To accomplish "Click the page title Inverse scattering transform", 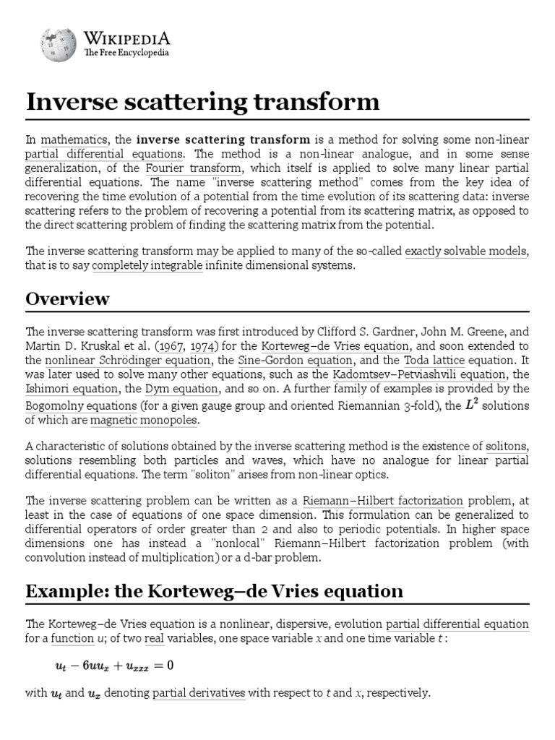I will pyautogui.click(x=202, y=102).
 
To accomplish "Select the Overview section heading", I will pyautogui.click(x=68, y=298).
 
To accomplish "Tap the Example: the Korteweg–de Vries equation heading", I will pyautogui.click(x=214, y=591).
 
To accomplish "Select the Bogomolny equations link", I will pyautogui.click(x=81, y=406).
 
